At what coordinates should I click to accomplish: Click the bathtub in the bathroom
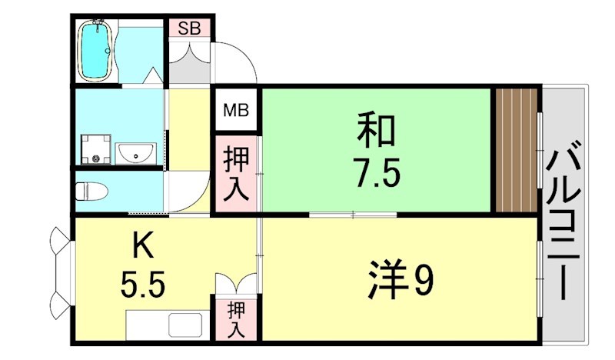(x=97, y=49)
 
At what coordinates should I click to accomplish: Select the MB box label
(x=237, y=111)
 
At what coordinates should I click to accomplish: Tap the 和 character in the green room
(x=376, y=132)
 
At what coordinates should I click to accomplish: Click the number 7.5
(x=376, y=173)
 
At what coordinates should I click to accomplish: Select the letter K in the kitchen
(x=141, y=247)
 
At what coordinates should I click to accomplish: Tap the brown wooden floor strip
(x=517, y=150)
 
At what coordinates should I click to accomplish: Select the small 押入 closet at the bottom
(x=237, y=320)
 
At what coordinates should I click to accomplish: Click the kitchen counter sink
(x=185, y=322)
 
